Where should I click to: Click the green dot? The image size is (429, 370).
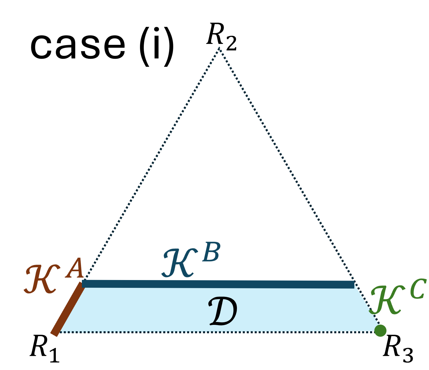[380, 330]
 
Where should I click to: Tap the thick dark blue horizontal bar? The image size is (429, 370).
[218, 284]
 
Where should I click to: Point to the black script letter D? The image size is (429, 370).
[223, 312]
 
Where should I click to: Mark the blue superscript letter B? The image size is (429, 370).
[211, 252]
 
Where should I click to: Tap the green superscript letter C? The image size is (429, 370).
[418, 289]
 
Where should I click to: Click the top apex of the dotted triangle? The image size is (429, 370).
[220, 48]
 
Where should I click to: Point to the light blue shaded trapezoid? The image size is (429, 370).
[145, 310]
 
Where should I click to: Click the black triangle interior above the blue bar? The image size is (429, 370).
[219, 174]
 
